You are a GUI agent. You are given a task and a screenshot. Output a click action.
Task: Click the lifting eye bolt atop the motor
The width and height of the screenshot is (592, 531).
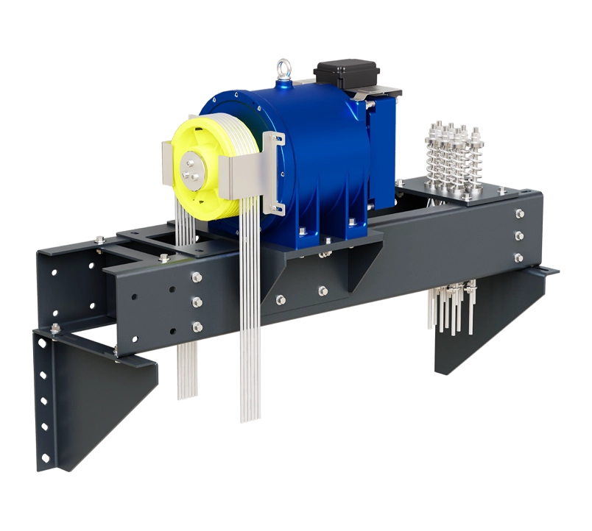(x=283, y=71)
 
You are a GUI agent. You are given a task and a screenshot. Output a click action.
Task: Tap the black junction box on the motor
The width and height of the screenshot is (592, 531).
(x=347, y=74)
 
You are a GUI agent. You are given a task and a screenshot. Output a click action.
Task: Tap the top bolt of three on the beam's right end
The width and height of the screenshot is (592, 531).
(x=519, y=213)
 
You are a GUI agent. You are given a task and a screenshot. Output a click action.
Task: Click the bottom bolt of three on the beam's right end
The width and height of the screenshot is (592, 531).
(x=518, y=257)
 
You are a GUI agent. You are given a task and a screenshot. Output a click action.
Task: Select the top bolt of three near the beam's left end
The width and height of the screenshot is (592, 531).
(x=197, y=277)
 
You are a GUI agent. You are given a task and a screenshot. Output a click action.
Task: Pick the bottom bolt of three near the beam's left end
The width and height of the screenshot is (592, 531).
(x=197, y=326)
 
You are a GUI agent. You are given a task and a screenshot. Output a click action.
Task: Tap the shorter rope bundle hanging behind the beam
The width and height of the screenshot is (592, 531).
(x=187, y=368)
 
